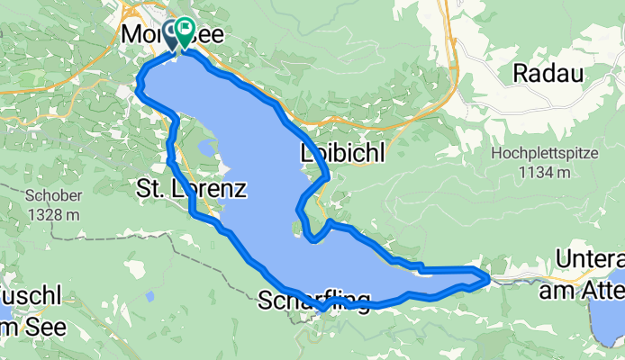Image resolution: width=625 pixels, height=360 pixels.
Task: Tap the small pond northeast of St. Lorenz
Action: pos(206,147)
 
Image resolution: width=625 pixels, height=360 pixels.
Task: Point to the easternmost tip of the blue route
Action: pos(489,279)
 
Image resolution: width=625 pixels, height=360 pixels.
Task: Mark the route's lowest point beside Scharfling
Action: pos(322,310)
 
